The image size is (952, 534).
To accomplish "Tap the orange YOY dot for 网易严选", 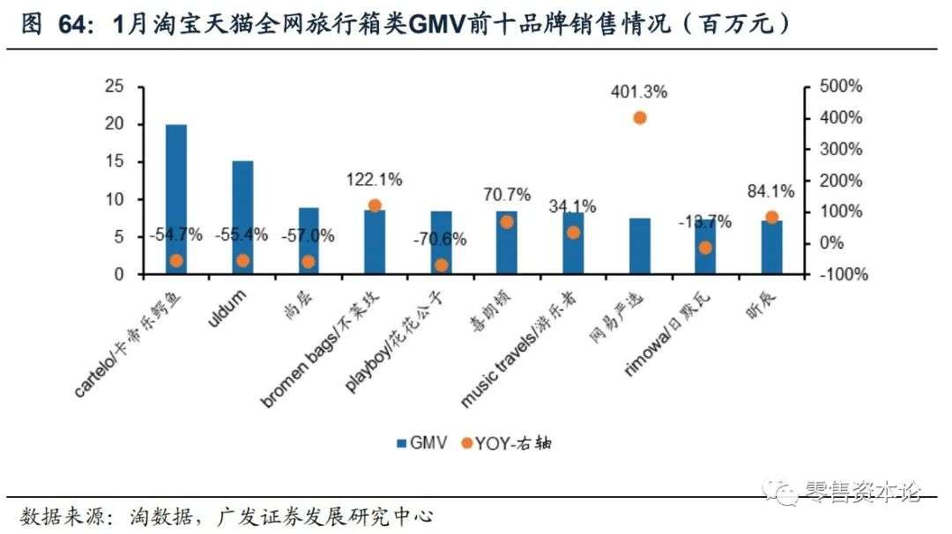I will pos(640,117).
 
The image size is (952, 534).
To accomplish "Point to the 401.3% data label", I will pos(640,91).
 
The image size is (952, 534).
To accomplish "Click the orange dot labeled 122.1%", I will pos(374,205).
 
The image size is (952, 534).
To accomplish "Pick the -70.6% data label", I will pos(441,240).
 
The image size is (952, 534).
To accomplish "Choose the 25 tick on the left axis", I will pos(115,86).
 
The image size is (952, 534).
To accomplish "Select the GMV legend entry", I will pos(421,443).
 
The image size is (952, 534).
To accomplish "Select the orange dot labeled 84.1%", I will pos(771,217).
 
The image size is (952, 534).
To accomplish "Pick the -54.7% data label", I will pos(175,234).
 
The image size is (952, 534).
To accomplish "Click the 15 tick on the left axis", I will pos(115,162).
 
